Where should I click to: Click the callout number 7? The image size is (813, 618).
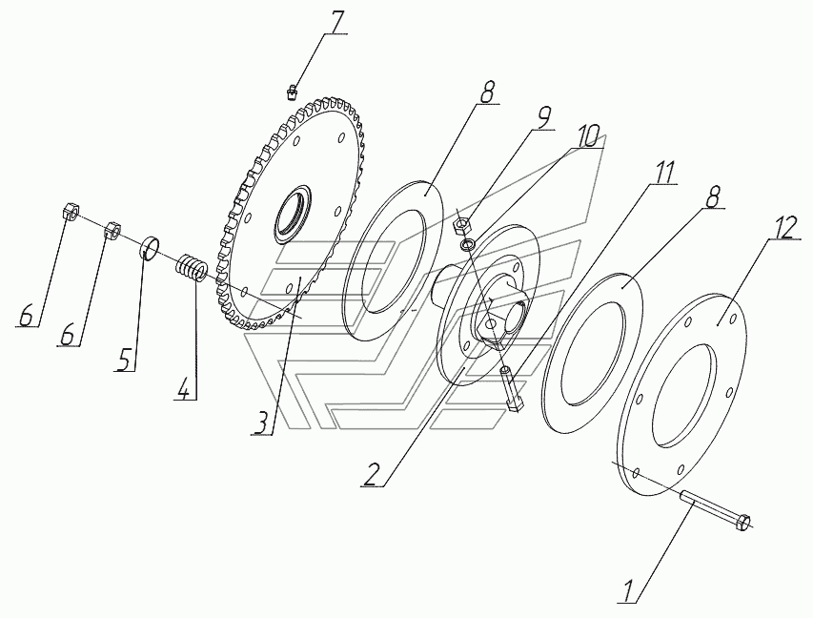click(x=337, y=22)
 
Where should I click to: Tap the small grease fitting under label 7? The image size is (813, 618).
click(x=292, y=93)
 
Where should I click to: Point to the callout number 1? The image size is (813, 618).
click(x=629, y=590)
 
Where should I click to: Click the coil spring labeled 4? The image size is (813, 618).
click(x=193, y=269)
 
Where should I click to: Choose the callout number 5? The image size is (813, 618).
click(x=123, y=360)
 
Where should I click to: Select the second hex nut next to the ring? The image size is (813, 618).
click(x=113, y=229)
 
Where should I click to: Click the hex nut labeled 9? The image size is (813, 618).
click(x=460, y=225)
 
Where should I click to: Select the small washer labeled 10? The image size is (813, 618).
click(x=468, y=243)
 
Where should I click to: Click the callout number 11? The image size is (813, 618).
click(x=664, y=173)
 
